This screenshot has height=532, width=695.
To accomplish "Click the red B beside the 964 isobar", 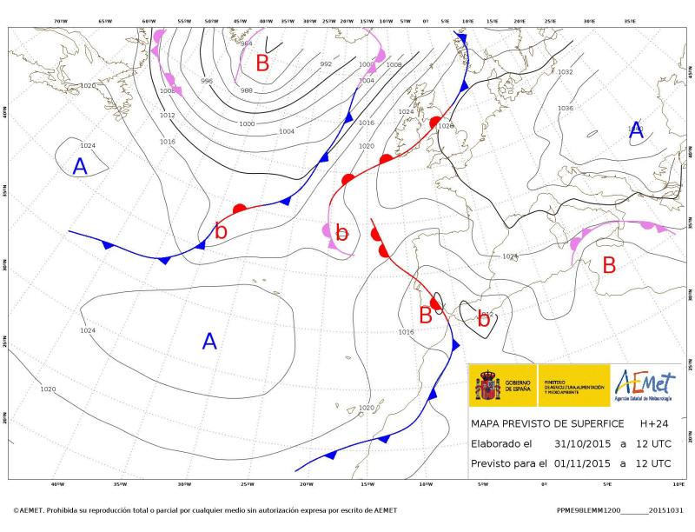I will point(262,63).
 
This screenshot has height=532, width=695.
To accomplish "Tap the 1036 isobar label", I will point(566,108).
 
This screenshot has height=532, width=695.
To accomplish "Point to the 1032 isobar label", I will point(566,72).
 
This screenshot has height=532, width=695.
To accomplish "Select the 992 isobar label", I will point(326,64).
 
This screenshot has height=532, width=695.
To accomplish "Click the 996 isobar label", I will point(207,81).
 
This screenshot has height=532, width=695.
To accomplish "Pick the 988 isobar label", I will point(247,90).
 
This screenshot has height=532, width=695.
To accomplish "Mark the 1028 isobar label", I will point(446,126).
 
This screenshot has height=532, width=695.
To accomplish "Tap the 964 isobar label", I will point(247,43).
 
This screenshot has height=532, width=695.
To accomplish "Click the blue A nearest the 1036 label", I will point(636,132).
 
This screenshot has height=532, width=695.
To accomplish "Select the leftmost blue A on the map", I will point(80,167).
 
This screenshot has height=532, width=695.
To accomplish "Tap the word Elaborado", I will point(500,443).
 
